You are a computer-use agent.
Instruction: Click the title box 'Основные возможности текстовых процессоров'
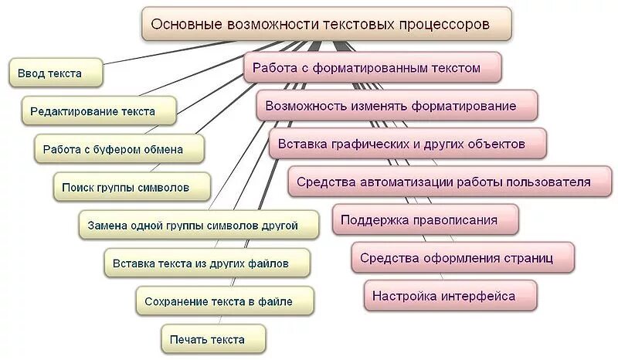[x=326, y=24]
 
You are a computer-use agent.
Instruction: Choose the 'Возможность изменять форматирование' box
[x=396, y=105]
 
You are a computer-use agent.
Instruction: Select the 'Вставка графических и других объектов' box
[x=407, y=144]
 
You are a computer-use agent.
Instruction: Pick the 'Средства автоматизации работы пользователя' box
[x=444, y=182]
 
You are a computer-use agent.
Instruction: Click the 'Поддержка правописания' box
[x=425, y=220]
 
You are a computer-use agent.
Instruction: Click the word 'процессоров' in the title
[x=444, y=24]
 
